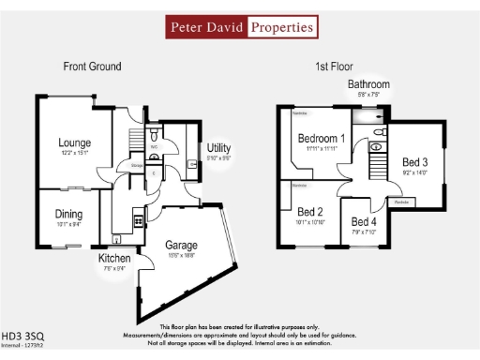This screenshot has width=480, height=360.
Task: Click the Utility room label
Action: (219, 149)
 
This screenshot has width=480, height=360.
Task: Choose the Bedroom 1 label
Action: (321, 139)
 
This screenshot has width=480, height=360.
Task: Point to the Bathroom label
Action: (368, 84)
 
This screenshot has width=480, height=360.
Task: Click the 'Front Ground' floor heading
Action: (92, 67)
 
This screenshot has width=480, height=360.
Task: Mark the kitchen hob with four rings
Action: (138, 220)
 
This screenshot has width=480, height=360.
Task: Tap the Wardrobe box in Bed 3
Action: (400, 202)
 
